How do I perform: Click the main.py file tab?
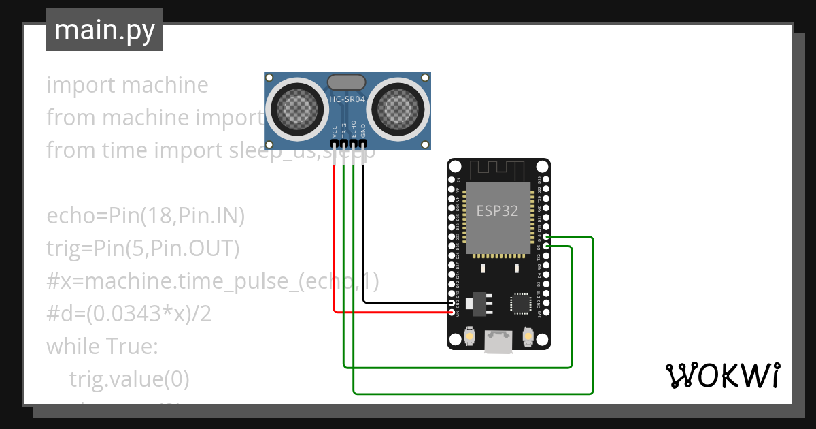pos(104,30)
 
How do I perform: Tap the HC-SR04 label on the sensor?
pos(347,99)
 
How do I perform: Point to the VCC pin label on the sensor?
pos(334,131)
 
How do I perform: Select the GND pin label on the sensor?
pos(363,131)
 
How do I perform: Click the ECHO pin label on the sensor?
pos(354,131)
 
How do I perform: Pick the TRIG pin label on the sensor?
pos(344,131)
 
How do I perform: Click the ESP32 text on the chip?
pos(497,210)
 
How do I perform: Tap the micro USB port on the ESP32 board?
pos(498,343)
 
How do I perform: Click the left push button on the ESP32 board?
pos(469,336)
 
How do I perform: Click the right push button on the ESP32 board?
pos(528,336)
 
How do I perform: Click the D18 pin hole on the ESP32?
pos(547,238)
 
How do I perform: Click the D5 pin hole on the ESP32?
pos(547,247)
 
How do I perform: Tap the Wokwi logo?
pos(721,375)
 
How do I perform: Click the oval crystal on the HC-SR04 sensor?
pos(347,82)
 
